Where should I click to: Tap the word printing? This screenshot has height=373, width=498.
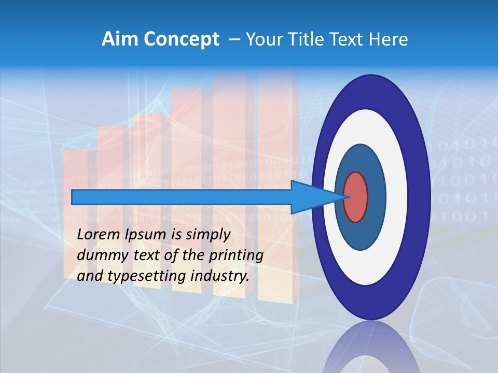pyautogui.click(x=236, y=255)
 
